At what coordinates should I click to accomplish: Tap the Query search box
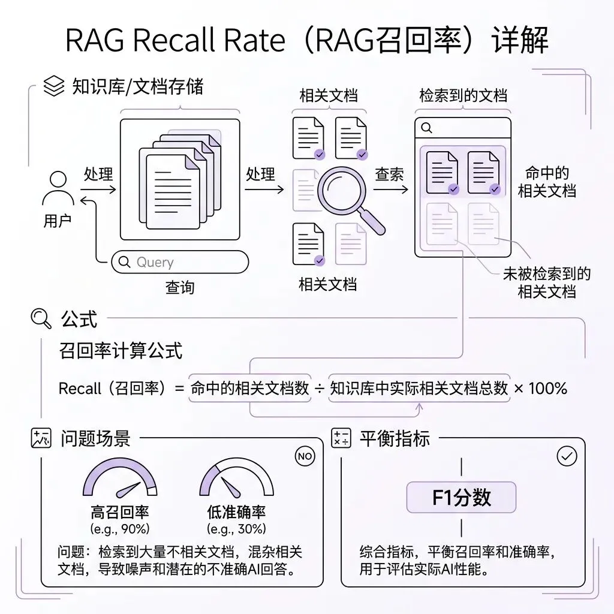180,262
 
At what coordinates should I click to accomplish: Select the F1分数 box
461,497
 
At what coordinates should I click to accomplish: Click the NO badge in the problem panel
305,456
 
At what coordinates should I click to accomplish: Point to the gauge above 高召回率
120,480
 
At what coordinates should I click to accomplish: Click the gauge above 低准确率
236,480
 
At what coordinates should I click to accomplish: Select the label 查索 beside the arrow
389,174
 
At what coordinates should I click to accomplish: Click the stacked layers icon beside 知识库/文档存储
54,87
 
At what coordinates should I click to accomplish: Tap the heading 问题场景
95,438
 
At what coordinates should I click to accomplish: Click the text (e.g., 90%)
120,529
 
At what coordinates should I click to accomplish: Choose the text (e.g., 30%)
236,529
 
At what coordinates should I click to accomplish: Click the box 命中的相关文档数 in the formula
249,388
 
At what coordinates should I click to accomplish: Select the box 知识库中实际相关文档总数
419,388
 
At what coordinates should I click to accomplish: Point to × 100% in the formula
540,388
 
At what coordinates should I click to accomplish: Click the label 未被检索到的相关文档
546,283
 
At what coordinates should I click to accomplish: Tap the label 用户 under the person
58,221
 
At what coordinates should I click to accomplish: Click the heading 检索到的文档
463,96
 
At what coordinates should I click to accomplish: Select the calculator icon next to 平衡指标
341,438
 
